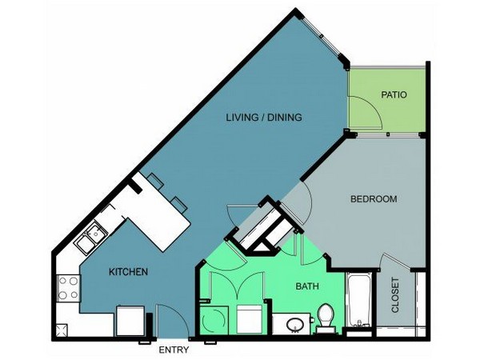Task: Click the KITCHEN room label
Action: tap(128, 271)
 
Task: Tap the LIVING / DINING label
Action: tap(264, 118)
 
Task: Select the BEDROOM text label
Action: tap(374, 199)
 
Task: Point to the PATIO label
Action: tap(394, 94)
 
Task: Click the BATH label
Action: tap(307, 286)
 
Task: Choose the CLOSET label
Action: tap(395, 295)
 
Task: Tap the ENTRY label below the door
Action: tap(174, 350)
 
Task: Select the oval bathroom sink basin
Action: tap(294, 325)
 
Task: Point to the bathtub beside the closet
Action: tap(358, 300)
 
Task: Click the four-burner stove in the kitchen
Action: tap(68, 288)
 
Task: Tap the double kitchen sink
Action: tap(91, 238)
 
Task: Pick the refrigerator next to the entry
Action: tap(130, 321)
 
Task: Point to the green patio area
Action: tap(387, 100)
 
